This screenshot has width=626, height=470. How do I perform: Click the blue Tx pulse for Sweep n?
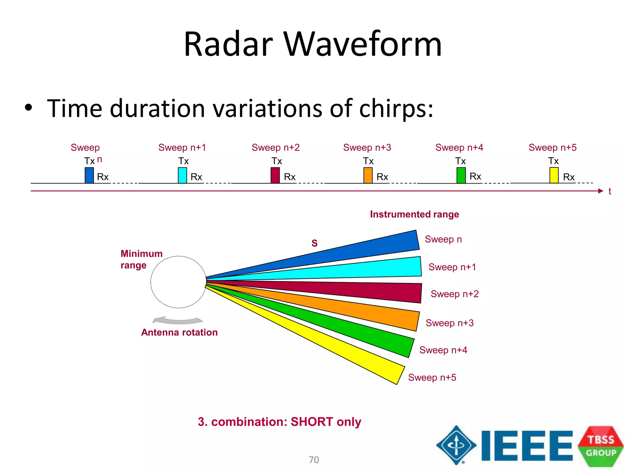click(89, 175)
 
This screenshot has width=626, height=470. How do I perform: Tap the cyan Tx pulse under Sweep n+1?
click(182, 175)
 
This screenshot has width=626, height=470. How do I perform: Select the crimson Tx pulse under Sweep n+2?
click(275, 175)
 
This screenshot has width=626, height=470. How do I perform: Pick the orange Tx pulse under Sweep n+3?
click(368, 175)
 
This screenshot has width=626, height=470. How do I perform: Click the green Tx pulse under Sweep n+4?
click(461, 175)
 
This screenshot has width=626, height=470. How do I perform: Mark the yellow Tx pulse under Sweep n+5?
click(554, 175)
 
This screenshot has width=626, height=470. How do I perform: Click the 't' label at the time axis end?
click(609, 192)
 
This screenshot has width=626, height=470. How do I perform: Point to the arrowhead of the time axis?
click(600, 191)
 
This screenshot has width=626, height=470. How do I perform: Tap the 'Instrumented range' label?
click(414, 214)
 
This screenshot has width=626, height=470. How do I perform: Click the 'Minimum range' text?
click(141, 259)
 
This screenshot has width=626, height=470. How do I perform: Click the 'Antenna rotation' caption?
click(179, 332)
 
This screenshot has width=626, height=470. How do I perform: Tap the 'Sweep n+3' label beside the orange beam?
click(449, 323)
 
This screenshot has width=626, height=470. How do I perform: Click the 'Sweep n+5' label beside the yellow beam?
click(432, 377)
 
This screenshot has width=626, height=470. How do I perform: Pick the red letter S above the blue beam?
click(315, 243)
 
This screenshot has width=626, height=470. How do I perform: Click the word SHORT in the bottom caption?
click(311, 422)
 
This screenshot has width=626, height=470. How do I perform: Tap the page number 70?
click(314, 460)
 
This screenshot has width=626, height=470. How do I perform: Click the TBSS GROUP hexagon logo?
click(601, 446)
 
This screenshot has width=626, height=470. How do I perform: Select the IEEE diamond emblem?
click(456, 445)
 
